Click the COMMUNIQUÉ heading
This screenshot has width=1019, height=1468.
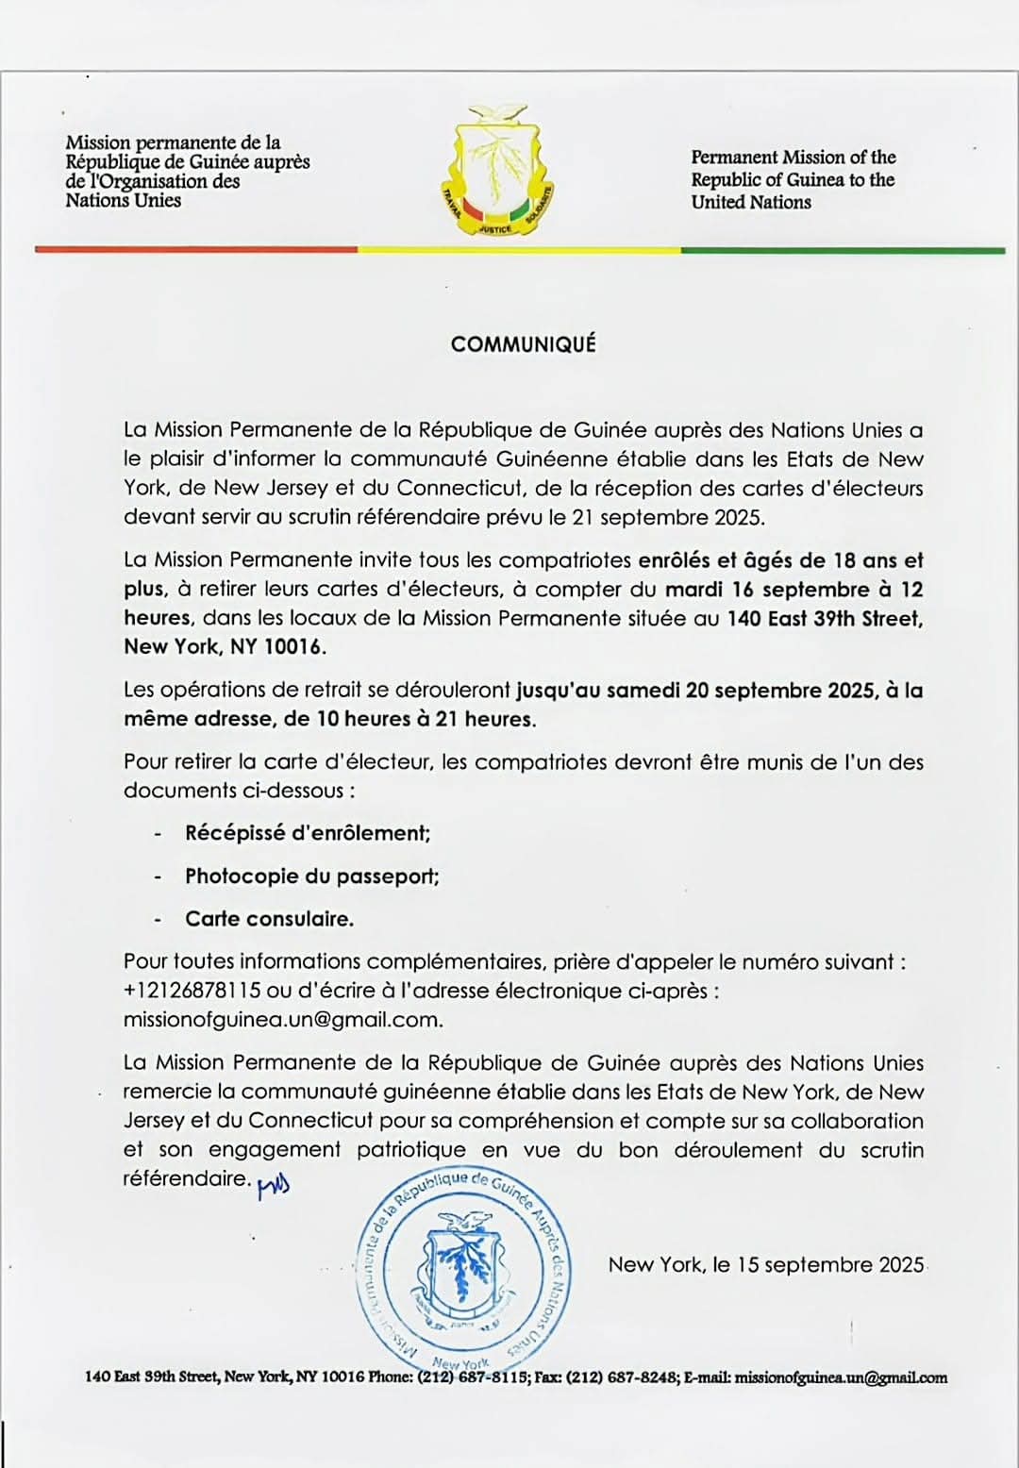523,344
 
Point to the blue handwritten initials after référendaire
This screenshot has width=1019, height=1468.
274,1186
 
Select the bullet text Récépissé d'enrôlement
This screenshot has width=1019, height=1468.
308,833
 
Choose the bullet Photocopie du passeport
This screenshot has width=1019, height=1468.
312,876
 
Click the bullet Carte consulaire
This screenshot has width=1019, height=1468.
270,918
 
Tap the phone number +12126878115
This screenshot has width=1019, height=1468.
192,991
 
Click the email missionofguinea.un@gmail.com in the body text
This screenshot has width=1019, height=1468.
282,1020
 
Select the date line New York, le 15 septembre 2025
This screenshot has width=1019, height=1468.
765,1265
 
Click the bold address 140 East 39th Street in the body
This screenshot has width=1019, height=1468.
825,619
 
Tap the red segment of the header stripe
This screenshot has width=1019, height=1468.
196,250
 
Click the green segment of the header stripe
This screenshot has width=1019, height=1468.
842,250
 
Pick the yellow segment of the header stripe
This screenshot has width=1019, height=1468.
519,250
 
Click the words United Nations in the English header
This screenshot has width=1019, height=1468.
751,202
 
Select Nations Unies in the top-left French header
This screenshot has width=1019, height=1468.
123,200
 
